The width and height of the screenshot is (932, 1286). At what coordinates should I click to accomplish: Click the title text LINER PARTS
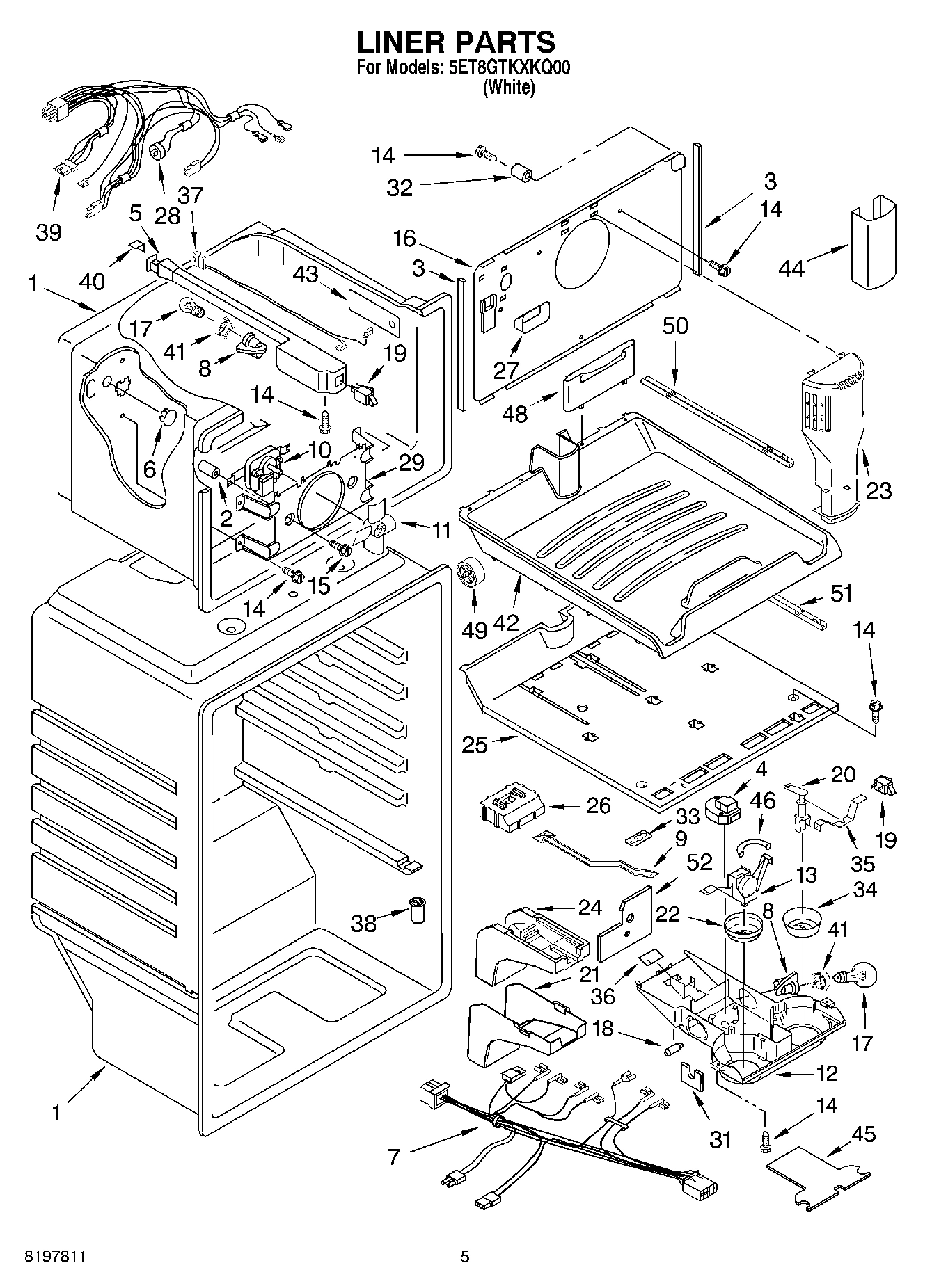click(x=456, y=43)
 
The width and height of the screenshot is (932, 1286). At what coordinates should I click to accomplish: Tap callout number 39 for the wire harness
click(x=49, y=232)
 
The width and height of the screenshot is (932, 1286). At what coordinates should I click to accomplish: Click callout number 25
click(x=475, y=744)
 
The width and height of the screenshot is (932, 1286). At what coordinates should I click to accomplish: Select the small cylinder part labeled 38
click(x=418, y=910)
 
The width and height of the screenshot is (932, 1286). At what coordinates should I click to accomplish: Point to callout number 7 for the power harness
click(x=394, y=1157)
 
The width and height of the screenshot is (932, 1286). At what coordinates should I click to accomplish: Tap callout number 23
click(x=878, y=491)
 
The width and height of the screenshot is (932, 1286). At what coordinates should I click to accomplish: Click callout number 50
click(x=674, y=325)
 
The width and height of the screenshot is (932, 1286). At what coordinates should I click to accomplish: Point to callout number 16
click(x=404, y=239)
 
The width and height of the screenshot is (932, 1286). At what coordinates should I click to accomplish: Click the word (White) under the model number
click(x=509, y=88)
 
